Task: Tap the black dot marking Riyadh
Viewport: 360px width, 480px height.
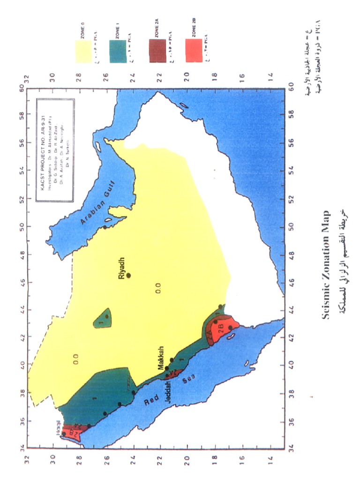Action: pyautogui.click(x=129, y=275)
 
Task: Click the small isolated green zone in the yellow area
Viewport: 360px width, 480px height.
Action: pyautogui.click(x=103, y=319)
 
